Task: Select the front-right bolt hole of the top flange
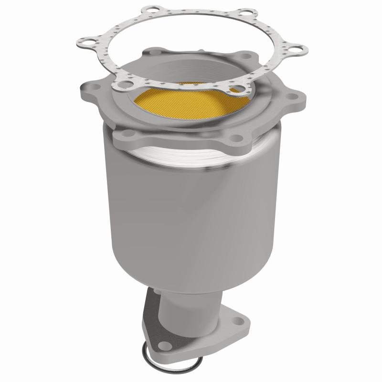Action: point(234,138)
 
